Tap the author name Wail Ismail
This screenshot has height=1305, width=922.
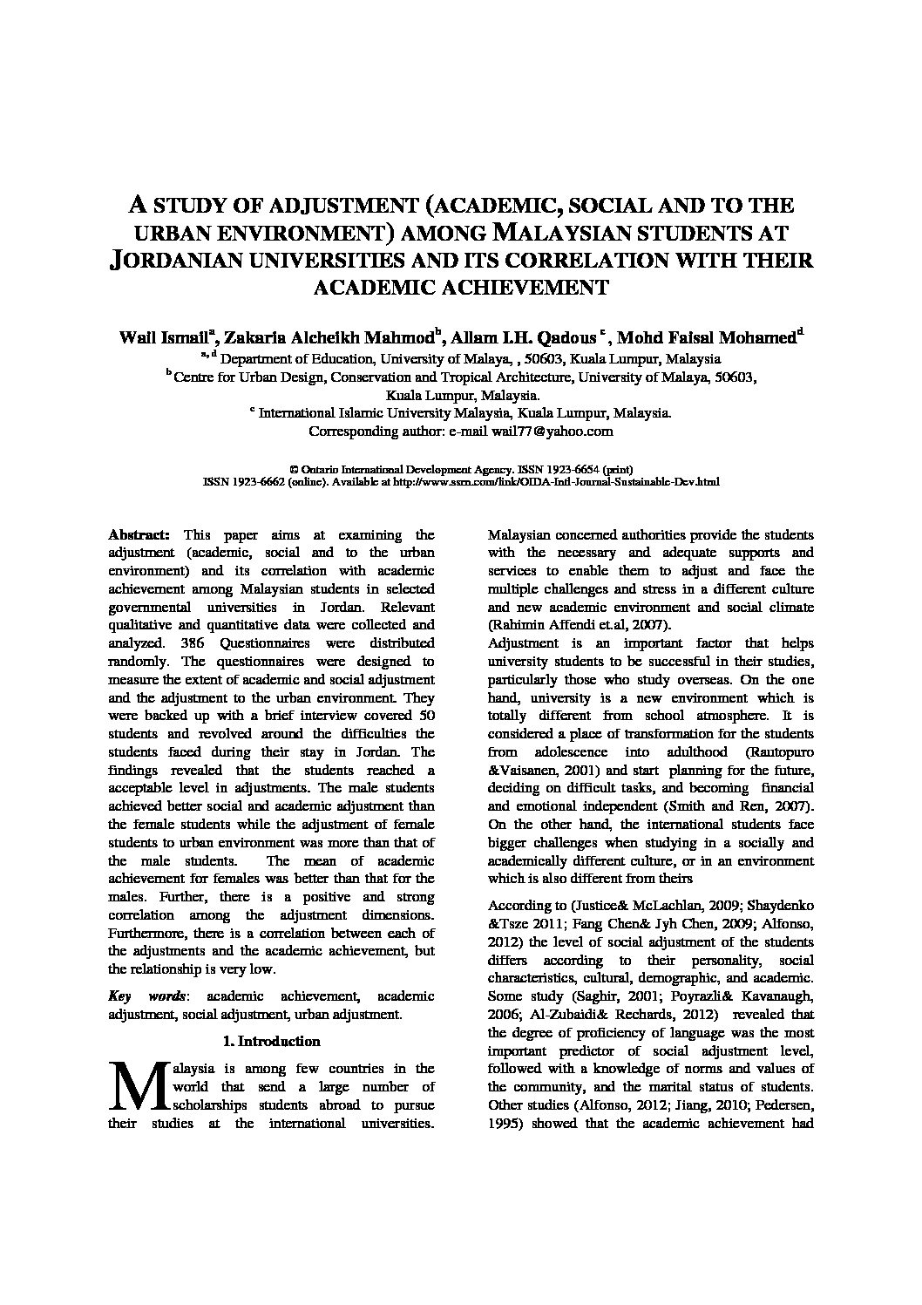tap(163, 338)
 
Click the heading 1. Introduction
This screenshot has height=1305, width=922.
tap(271, 1041)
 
